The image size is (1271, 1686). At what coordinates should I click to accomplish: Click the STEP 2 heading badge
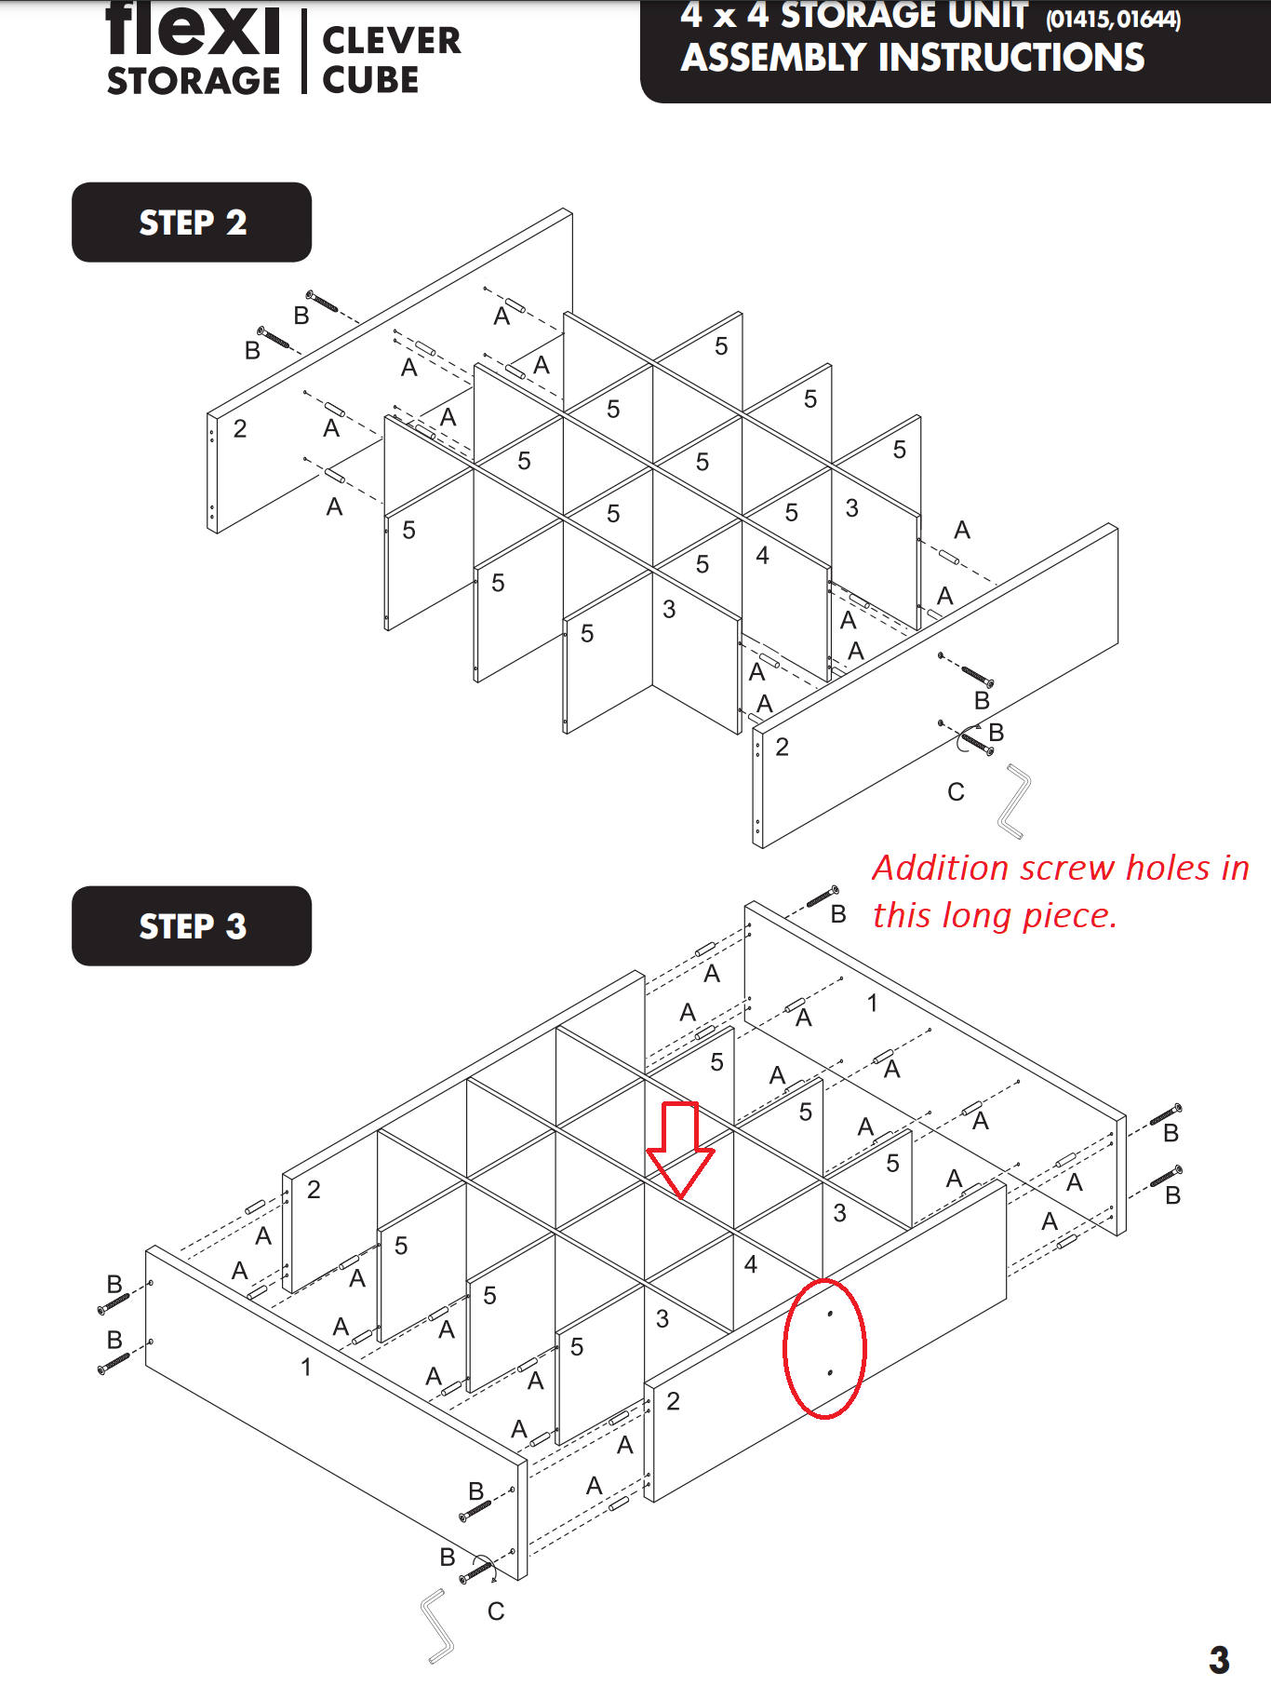pos(192,223)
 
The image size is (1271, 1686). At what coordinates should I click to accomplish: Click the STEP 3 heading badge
pos(192,926)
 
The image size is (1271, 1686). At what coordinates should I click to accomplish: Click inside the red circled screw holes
pos(825,1347)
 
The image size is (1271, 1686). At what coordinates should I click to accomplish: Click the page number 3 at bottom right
pos(1219,1659)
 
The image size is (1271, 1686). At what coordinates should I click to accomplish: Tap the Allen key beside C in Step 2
pos(1014,801)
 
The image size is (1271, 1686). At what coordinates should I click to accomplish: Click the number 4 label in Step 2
pos(762,556)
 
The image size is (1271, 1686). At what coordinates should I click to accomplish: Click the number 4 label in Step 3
pos(750,1264)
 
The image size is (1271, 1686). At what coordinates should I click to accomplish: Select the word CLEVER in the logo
pos(391,41)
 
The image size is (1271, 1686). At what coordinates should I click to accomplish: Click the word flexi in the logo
pos(193,30)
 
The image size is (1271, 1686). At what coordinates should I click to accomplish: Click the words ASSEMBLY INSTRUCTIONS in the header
pos(912,59)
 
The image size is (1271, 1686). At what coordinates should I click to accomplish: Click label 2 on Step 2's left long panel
pos(240,429)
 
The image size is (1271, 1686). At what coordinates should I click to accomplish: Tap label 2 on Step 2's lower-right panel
pos(782,748)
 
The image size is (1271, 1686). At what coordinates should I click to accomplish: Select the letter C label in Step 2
pos(956,792)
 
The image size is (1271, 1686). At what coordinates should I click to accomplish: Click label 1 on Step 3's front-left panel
pos(305,1367)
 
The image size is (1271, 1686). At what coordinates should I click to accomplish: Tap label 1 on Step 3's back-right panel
pos(872,1003)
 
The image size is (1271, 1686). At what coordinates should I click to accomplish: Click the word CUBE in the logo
pos(370,81)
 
